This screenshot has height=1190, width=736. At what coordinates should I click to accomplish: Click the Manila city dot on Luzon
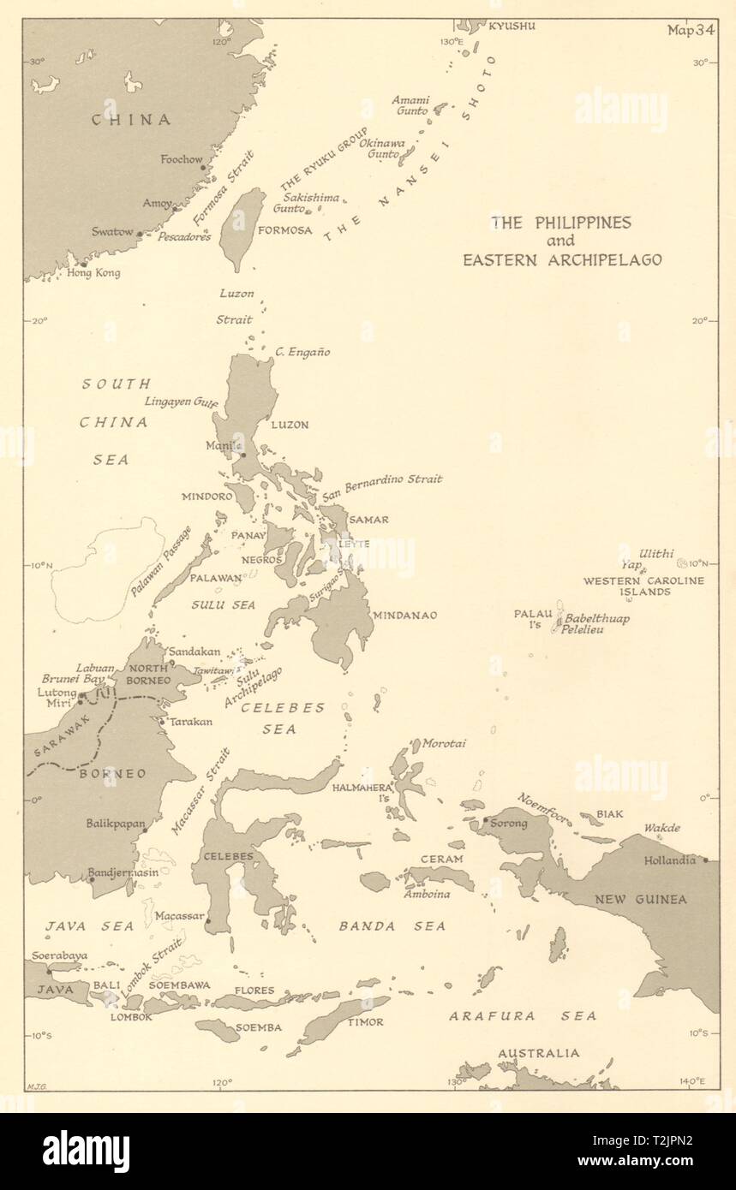[242, 455]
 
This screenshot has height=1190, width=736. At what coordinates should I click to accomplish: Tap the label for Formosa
[284, 230]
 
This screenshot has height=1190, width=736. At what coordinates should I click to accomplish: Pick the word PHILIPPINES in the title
[577, 223]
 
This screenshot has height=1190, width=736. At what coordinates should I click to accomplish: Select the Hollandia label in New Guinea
[669, 860]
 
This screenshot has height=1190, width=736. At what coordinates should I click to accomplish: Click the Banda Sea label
[392, 925]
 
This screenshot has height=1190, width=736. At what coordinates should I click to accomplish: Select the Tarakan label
[191, 722]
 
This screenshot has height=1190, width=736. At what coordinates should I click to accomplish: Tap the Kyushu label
[512, 26]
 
